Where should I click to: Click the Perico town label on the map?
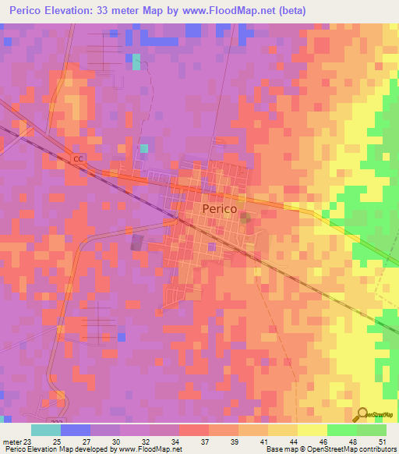(x=219, y=209)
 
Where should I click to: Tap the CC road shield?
(x=77, y=158)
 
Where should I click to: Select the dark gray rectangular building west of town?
(x=137, y=243)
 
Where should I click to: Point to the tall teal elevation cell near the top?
(x=136, y=62)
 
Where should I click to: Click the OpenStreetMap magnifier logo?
(x=363, y=415)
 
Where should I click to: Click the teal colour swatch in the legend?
(x=46, y=430)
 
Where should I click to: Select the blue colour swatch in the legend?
(x=76, y=430)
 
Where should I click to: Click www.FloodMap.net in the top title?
(x=228, y=11)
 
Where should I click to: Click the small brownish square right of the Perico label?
(x=245, y=216)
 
